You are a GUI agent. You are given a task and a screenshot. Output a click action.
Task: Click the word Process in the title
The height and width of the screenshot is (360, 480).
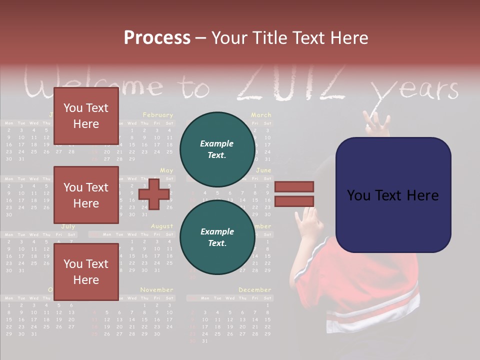(x=157, y=38)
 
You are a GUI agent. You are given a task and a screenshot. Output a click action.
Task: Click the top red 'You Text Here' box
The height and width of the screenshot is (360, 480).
(x=86, y=116)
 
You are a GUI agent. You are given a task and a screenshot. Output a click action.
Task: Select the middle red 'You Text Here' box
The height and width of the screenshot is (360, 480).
(x=86, y=195)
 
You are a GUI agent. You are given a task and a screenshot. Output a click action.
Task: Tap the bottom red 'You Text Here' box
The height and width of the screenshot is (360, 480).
(x=86, y=272)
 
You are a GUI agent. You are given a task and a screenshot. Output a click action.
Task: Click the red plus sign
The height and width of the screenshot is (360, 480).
(x=154, y=194)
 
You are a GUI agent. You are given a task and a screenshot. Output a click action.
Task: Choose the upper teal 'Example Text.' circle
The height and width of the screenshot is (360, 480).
(x=217, y=149)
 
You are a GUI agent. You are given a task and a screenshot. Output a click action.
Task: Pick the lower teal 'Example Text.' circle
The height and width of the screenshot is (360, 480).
(x=217, y=237)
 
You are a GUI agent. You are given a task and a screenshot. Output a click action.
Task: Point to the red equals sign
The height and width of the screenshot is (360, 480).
(x=294, y=194)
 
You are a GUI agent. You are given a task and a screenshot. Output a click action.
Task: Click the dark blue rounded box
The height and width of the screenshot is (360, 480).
(x=393, y=195)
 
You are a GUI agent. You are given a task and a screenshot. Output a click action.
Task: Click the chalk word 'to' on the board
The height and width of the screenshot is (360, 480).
(x=194, y=88)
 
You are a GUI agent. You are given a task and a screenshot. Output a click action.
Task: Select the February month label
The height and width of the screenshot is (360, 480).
(x=157, y=115)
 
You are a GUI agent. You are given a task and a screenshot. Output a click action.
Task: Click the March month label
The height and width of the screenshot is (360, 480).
(x=261, y=115)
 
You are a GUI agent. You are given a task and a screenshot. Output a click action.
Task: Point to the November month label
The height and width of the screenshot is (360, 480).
(x=156, y=289)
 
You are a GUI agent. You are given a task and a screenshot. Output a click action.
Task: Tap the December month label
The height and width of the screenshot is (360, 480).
(x=254, y=289)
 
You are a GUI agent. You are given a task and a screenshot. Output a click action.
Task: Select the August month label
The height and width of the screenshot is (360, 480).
(x=161, y=226)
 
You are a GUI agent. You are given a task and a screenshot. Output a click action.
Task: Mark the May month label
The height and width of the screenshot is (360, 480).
(x=166, y=170)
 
